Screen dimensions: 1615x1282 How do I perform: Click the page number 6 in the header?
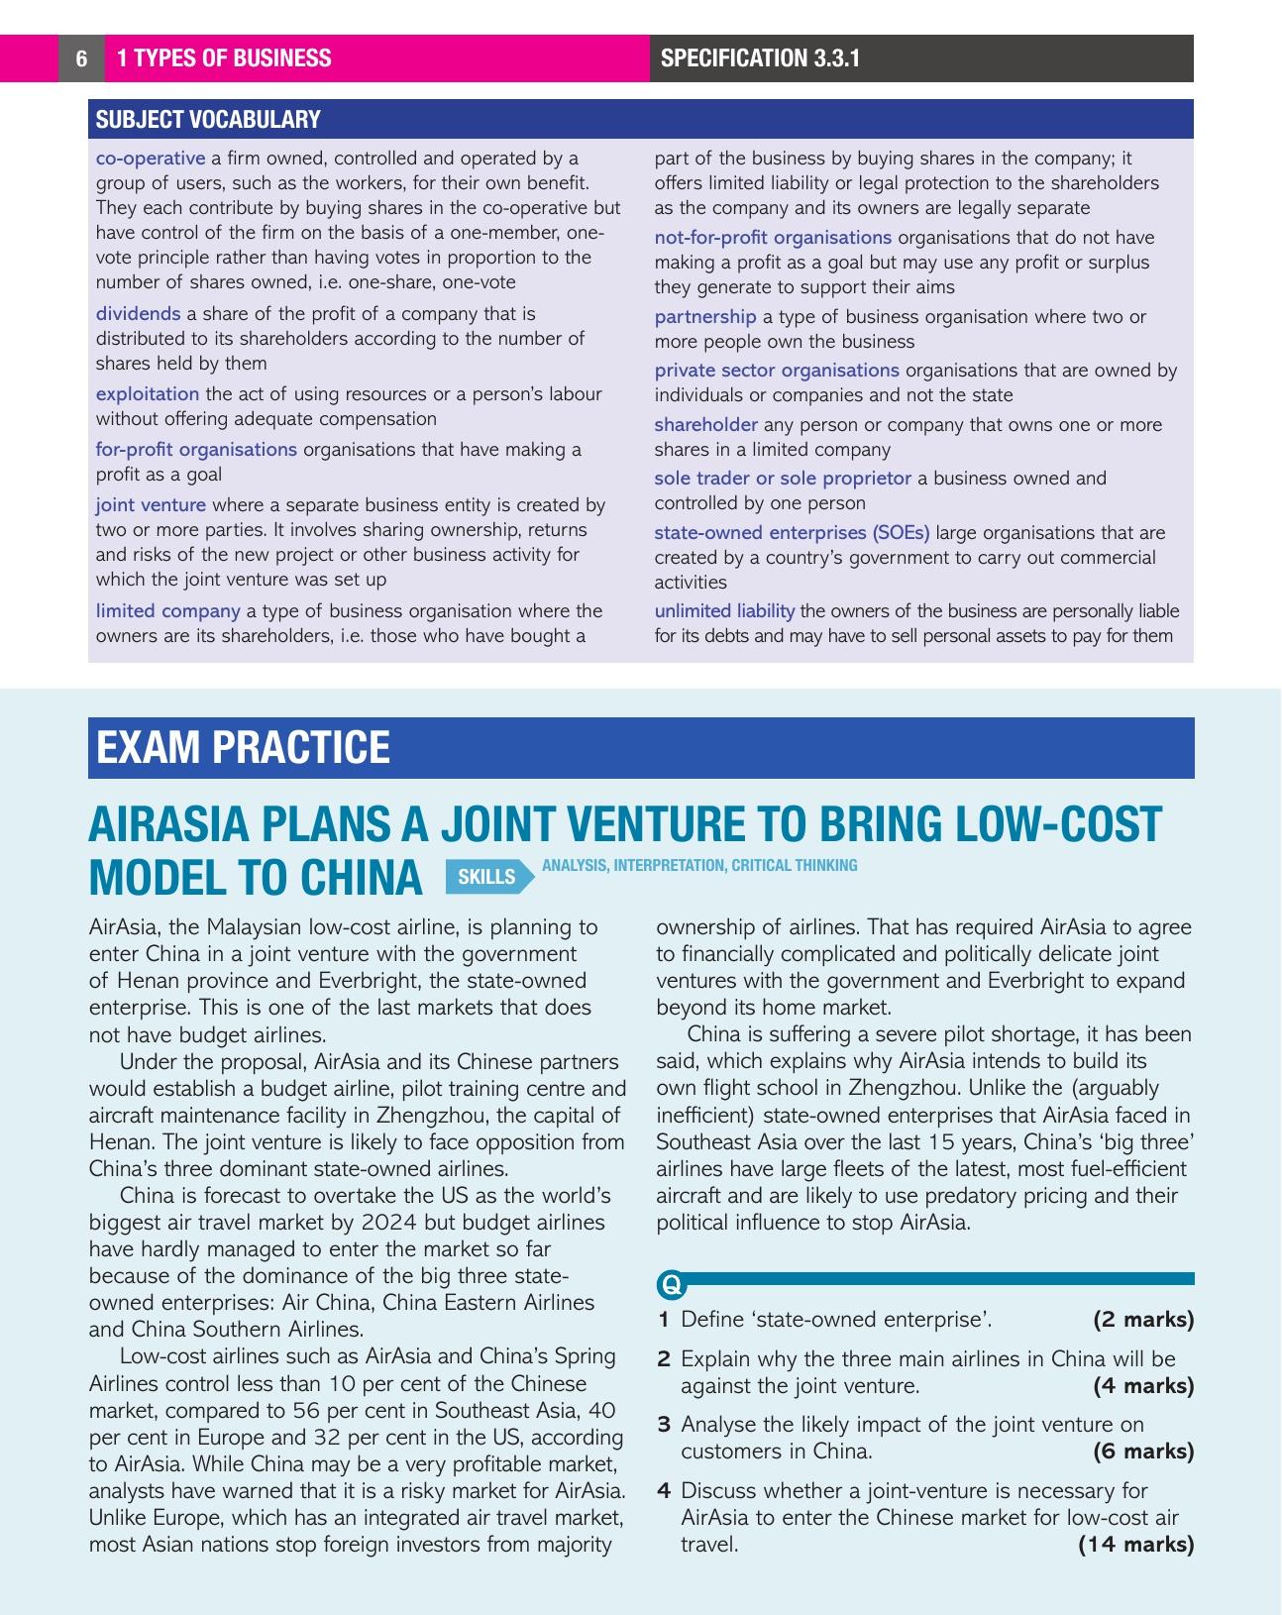tap(81, 58)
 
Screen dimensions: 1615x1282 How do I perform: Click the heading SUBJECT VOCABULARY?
tap(208, 120)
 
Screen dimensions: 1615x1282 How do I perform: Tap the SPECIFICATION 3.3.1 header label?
tap(760, 58)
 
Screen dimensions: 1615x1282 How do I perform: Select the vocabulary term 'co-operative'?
tap(151, 159)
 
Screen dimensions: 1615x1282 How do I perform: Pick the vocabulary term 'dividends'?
tap(138, 314)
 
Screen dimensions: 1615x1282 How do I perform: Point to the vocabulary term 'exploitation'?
tap(147, 394)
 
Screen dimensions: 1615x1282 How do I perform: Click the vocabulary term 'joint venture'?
tap(151, 505)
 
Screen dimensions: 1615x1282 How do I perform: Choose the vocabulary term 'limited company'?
tap(167, 611)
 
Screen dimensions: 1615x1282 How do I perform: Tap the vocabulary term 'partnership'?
tap(704, 317)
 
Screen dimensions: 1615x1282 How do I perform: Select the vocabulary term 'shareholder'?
tap(705, 425)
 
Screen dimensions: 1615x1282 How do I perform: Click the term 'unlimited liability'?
tap(724, 611)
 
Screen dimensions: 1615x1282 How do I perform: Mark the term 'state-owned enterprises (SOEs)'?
tap(792, 533)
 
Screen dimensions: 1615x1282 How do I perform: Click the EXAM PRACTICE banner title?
tap(243, 748)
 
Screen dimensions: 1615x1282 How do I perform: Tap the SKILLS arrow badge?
tap(487, 877)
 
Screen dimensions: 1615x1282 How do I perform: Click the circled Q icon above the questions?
tap(671, 1285)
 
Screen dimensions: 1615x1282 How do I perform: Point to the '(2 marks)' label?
tap(1143, 1320)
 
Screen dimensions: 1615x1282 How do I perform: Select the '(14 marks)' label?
tap(1135, 1545)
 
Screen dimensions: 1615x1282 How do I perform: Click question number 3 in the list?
tap(664, 1425)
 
